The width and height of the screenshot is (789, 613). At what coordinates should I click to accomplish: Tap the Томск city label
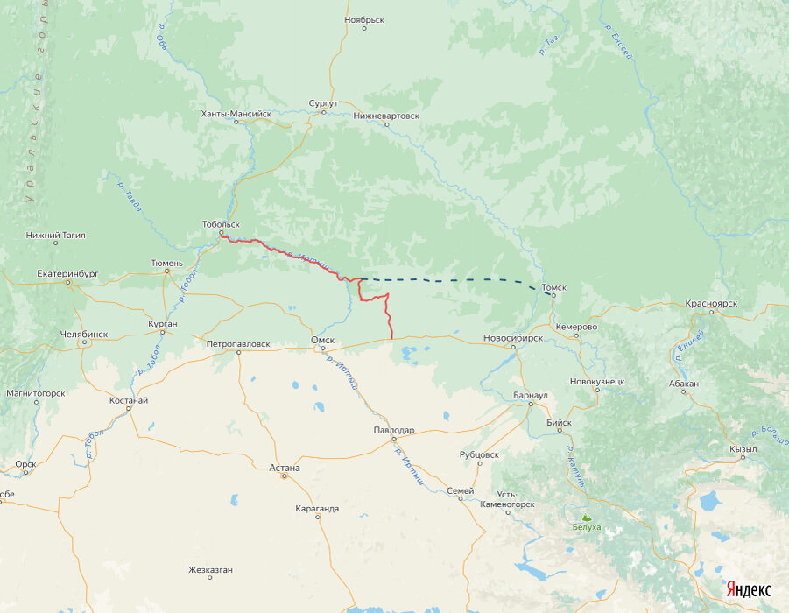click(554, 286)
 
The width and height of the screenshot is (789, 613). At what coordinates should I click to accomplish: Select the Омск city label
click(323, 340)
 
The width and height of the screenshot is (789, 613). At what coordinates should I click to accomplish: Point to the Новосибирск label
click(513, 337)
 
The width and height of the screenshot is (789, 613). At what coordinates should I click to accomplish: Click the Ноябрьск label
click(364, 18)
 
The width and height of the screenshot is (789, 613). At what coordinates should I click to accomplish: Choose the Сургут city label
click(323, 102)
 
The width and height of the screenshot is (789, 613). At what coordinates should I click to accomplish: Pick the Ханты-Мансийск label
click(236, 114)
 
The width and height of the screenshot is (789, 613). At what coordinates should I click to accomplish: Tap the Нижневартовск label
click(386, 115)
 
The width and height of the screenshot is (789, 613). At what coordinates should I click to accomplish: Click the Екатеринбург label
click(67, 273)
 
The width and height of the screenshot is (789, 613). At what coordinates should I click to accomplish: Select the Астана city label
click(285, 468)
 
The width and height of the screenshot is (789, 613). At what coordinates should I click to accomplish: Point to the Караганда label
click(317, 508)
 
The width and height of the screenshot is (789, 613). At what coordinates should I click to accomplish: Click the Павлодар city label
click(393, 430)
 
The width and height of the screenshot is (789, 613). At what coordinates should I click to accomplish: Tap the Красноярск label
click(711, 303)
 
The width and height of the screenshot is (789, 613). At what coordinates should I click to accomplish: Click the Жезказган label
click(210, 570)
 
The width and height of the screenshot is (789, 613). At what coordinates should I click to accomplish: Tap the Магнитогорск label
click(35, 393)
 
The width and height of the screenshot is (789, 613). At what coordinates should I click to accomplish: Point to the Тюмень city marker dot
click(167, 271)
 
